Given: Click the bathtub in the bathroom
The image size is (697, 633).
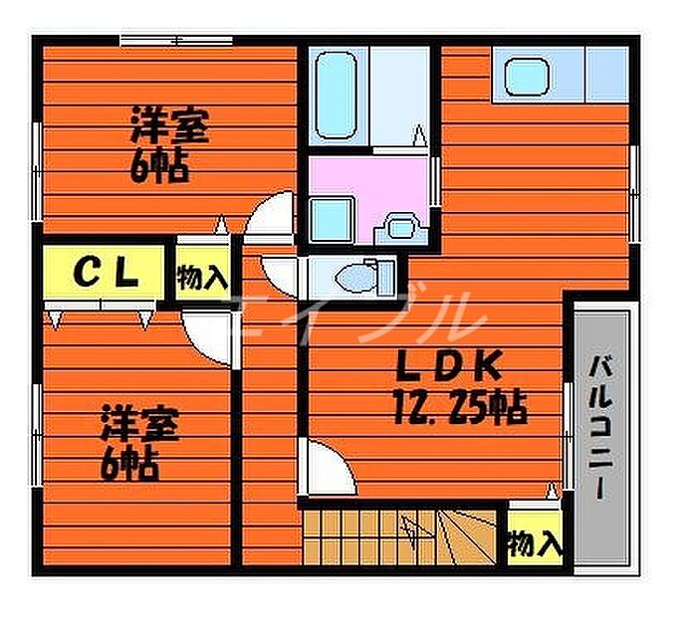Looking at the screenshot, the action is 337,96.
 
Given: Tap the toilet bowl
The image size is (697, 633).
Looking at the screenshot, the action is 355,279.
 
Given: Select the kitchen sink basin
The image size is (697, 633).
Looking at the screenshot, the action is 527,77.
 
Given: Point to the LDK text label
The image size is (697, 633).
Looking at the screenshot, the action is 449,366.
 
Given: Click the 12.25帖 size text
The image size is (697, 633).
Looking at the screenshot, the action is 460,407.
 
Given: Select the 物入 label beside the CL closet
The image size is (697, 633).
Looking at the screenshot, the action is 203,278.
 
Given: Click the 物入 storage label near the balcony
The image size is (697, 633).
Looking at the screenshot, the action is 536,543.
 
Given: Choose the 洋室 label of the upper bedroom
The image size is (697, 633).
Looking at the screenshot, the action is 170,125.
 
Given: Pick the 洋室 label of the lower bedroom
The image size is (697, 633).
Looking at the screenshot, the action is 140,423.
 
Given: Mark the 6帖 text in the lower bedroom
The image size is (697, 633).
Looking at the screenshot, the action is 129,464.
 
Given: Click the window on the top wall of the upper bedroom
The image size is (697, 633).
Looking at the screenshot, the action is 176,41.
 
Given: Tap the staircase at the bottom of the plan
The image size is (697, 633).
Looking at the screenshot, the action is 400,537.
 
